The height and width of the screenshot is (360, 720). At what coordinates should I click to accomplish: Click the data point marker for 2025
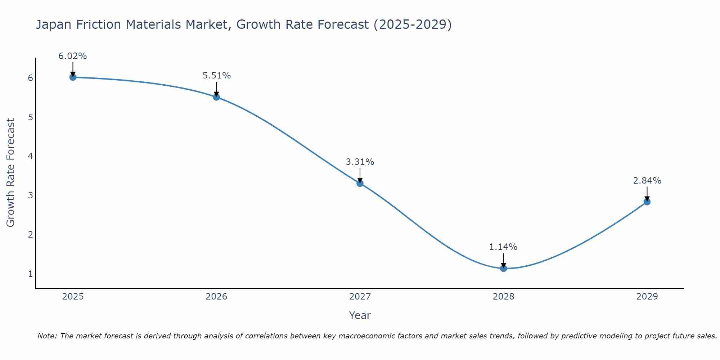(x=73, y=77)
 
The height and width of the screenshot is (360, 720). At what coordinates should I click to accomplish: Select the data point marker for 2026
(x=216, y=97)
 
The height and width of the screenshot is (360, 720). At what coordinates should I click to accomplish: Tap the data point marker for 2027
(x=360, y=183)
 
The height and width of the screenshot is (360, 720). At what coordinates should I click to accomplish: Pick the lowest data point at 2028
(x=503, y=268)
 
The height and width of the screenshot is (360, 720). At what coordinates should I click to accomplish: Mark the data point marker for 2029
(x=647, y=202)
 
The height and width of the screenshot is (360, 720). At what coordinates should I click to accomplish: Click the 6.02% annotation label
(x=73, y=56)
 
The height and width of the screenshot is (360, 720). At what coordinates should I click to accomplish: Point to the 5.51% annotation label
(x=216, y=76)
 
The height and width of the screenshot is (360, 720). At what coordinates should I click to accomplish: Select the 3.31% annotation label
(x=360, y=162)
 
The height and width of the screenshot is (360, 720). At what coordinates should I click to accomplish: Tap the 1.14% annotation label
(x=503, y=247)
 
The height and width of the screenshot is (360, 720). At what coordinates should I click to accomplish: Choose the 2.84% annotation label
(x=647, y=181)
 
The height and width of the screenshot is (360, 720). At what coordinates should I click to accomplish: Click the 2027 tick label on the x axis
(x=360, y=297)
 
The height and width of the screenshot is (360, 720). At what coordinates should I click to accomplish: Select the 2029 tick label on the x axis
(x=647, y=297)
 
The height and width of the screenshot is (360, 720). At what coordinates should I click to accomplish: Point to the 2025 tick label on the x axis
(x=73, y=297)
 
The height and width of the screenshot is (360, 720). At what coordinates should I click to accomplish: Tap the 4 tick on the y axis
(x=30, y=156)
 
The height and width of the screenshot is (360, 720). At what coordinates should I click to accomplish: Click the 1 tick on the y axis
(x=30, y=274)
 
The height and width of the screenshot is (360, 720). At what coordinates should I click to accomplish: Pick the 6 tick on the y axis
(x=30, y=78)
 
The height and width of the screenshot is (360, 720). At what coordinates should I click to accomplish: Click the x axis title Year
(x=360, y=315)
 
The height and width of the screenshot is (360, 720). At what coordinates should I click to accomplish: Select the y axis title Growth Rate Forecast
(x=11, y=173)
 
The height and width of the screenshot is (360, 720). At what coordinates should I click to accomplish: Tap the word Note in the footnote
(x=46, y=336)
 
